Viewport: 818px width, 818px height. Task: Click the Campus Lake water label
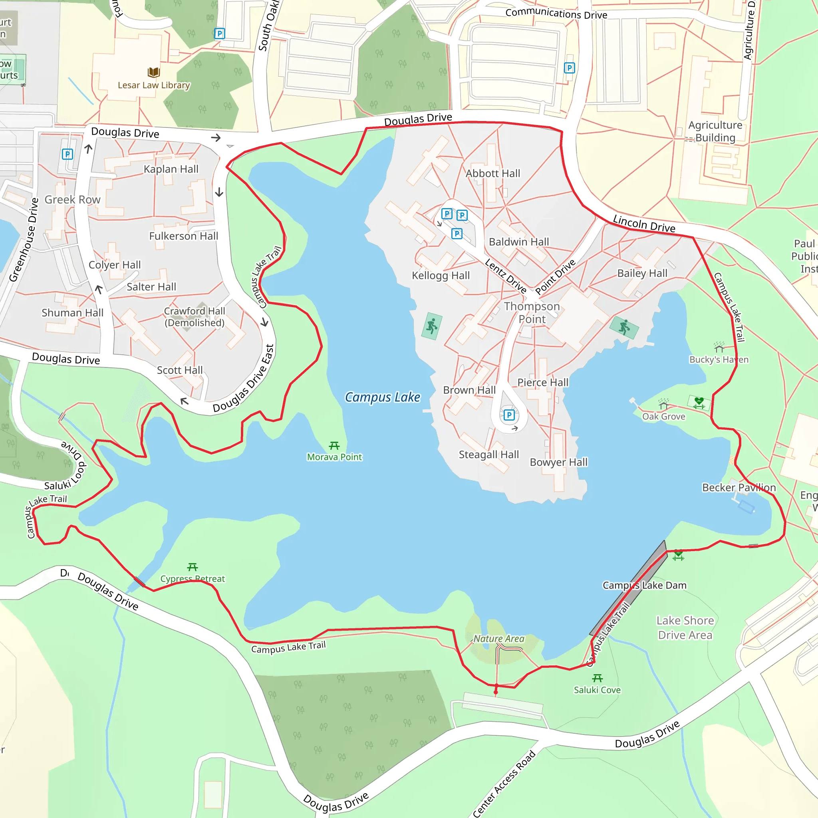382,397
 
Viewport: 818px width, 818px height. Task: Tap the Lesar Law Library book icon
154,72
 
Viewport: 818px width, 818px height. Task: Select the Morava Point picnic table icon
334,446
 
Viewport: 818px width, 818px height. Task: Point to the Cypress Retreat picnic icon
193,567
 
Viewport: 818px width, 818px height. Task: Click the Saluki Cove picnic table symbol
598,678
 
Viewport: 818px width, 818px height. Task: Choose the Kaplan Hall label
171,169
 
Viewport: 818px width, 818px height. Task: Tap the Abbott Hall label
493,174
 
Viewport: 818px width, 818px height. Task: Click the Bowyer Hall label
558,463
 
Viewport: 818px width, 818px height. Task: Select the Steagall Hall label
488,455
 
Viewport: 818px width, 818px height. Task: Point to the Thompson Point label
532,312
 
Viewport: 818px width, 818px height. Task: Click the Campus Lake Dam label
644,586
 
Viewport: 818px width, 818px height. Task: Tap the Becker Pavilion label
739,488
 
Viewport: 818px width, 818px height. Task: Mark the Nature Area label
499,639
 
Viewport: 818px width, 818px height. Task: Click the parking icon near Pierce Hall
509,415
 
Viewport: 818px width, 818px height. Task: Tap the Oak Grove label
663,417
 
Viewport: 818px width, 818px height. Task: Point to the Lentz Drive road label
506,276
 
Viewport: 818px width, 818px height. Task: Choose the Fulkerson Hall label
184,236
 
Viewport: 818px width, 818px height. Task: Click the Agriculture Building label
715,131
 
